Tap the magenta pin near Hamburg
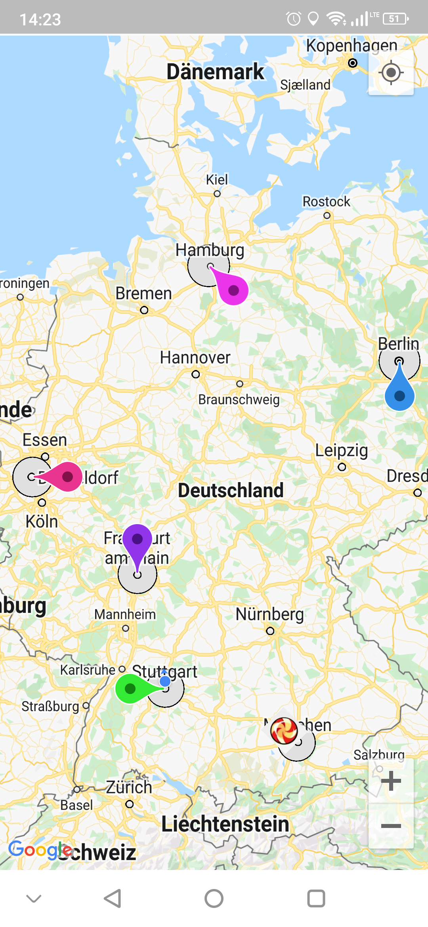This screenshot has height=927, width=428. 233,290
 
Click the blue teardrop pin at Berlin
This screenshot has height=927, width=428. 399,395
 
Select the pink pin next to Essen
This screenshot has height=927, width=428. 67,477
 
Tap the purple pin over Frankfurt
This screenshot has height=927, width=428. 137,540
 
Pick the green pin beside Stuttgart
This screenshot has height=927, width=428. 130,689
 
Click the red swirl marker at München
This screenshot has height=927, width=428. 284,730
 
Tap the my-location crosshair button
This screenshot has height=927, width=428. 391,72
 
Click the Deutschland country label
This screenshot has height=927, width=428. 231,490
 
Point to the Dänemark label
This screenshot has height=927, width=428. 215,72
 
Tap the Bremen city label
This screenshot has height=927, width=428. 143,294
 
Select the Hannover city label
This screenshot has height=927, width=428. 195,358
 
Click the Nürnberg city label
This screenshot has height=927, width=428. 269,614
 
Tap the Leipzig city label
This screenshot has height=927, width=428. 341,450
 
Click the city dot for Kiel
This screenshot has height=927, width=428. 217,194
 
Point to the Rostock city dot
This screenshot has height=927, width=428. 327,216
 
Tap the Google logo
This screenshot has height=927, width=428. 40,850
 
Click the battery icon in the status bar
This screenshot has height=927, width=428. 395,19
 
